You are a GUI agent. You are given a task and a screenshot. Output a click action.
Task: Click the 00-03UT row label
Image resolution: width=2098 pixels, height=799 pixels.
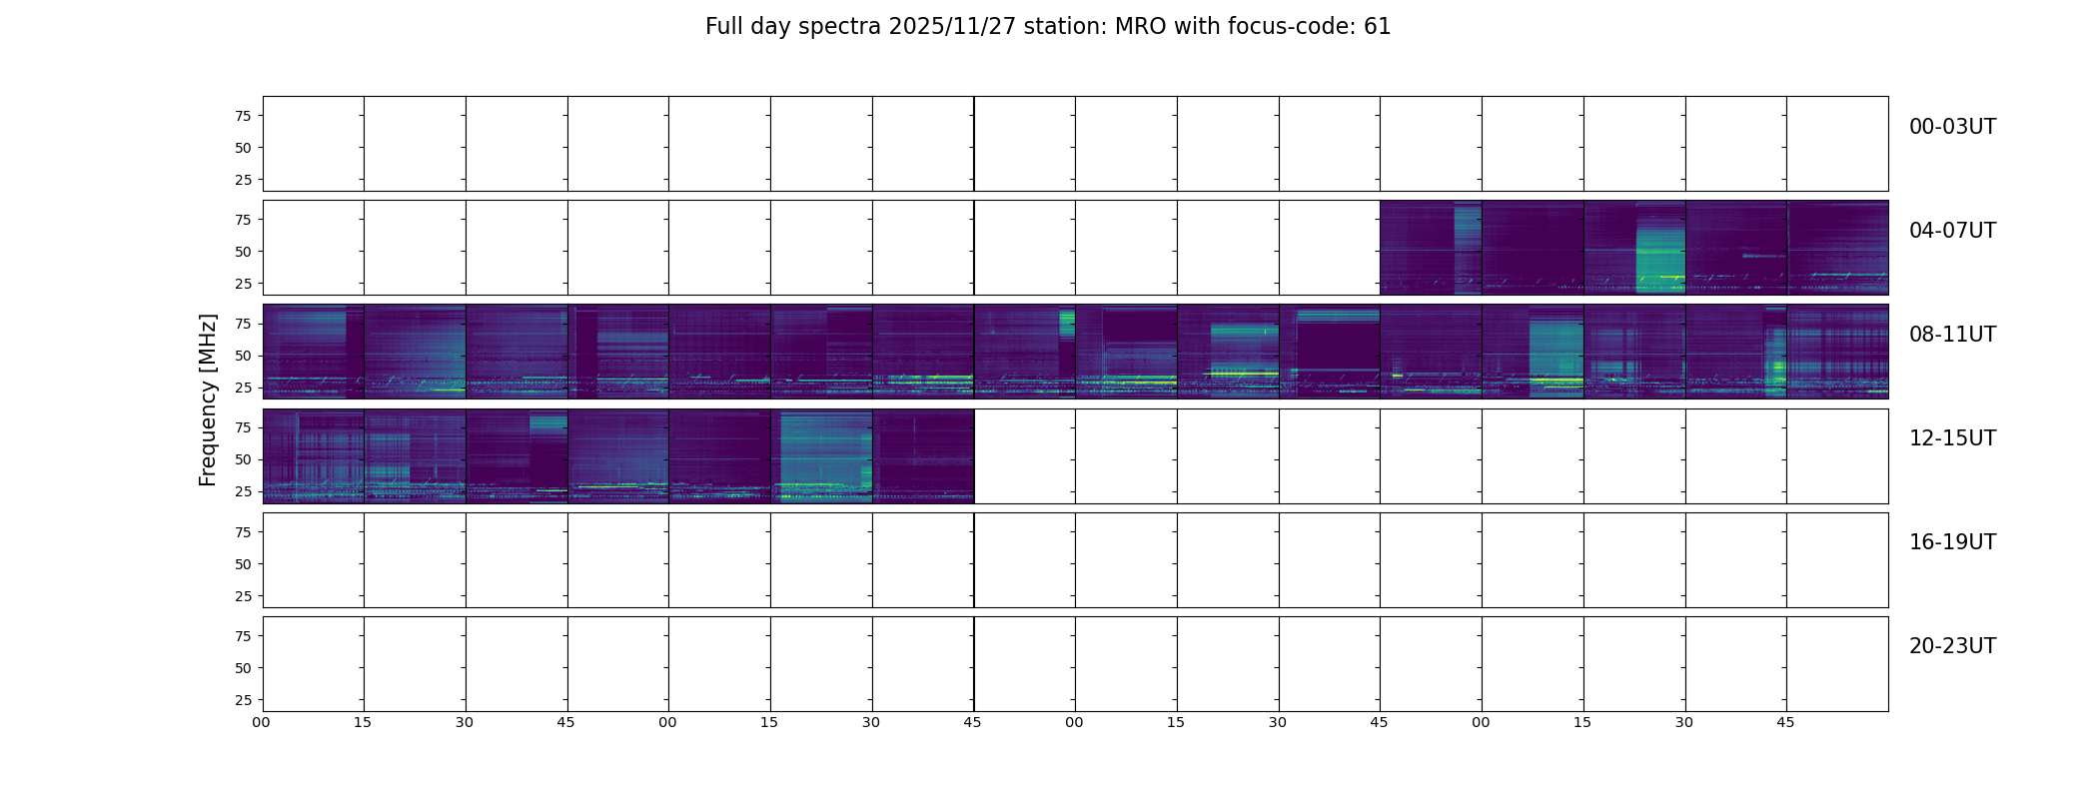pos(1952,127)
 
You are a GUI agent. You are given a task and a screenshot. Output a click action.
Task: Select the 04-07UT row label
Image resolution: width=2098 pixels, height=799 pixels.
pos(1952,231)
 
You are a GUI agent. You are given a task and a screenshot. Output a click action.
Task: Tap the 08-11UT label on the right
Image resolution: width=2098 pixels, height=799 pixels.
pos(1952,335)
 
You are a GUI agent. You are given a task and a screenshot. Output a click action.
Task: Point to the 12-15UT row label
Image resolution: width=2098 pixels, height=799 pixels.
pos(1952,438)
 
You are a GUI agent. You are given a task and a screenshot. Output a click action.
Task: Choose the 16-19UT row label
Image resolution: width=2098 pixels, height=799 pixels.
pos(1952,542)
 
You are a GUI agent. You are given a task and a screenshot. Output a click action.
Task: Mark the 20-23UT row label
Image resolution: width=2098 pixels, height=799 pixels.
pos(1952,646)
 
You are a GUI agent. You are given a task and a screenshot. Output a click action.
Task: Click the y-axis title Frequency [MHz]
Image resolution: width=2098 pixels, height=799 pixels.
pos(208,399)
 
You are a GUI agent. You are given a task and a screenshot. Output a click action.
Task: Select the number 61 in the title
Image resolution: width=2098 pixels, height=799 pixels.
pos(1377,27)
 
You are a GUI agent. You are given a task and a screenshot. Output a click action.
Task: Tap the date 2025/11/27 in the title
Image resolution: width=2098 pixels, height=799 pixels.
pos(952,27)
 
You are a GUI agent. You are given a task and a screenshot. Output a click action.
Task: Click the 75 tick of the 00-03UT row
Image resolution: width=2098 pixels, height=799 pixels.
pos(243,116)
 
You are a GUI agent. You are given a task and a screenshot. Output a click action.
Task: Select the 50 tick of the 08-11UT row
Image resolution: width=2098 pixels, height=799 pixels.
pos(243,356)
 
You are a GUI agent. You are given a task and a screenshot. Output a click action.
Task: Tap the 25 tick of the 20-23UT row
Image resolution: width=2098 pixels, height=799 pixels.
pos(243,700)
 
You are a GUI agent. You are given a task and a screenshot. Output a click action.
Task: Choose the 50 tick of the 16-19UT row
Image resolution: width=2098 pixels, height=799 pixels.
pos(243,564)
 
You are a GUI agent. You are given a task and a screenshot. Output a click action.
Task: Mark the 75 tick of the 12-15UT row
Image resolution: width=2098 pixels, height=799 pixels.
pos(243,427)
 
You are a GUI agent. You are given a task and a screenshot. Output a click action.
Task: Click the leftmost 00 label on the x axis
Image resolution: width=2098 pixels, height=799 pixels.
pos(261,722)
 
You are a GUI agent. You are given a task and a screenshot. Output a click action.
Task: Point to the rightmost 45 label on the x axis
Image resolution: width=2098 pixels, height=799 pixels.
pos(1785,722)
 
